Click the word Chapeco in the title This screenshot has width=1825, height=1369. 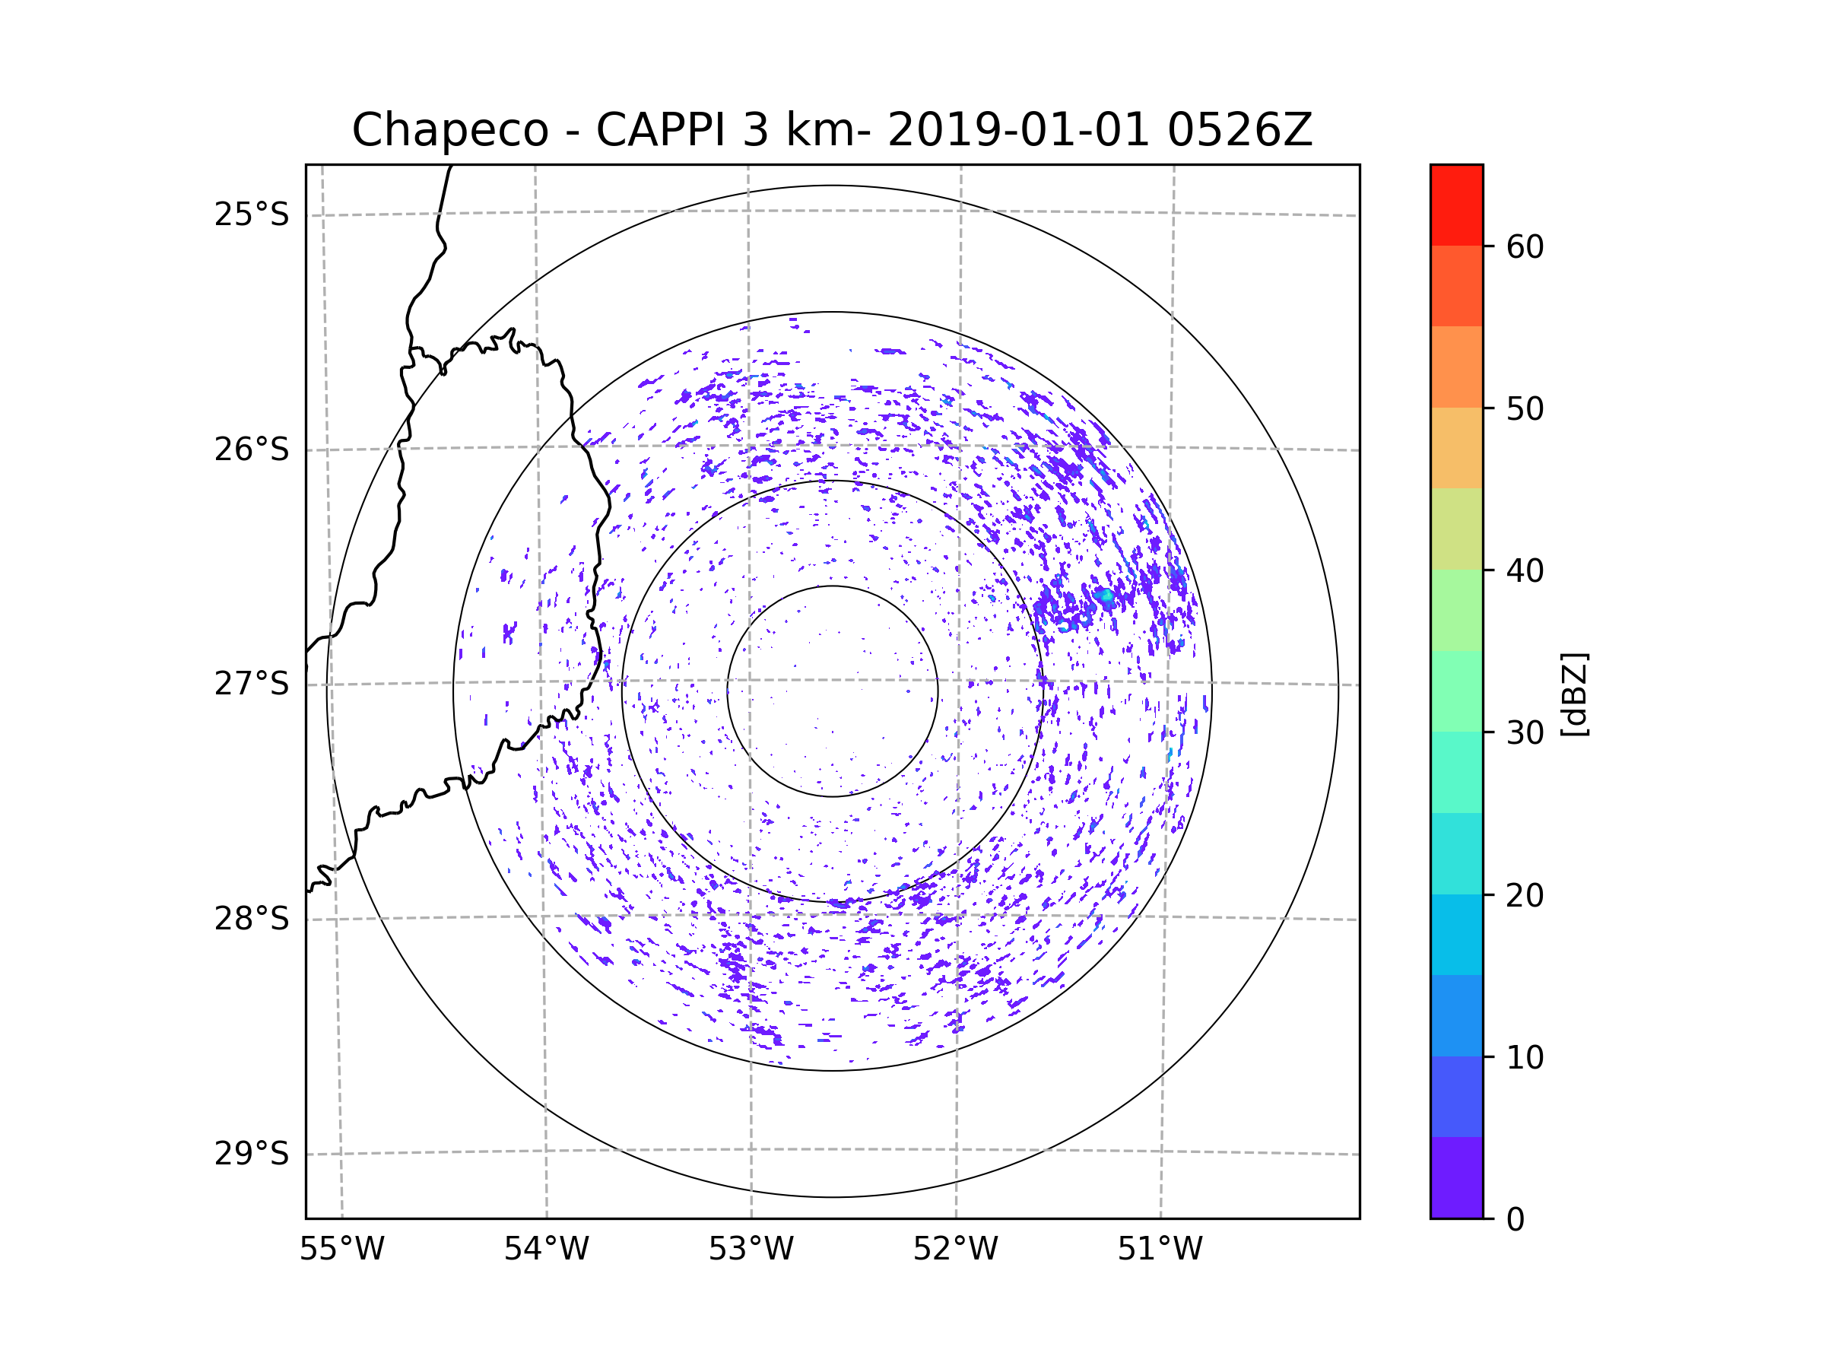[x=450, y=130]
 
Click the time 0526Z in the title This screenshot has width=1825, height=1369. [x=1240, y=129]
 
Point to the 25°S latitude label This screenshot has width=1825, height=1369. [x=252, y=214]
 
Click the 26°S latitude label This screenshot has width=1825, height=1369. [x=252, y=449]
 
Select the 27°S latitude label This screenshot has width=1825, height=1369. [x=252, y=684]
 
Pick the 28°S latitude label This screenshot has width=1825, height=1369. [x=252, y=919]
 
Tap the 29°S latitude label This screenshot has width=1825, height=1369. [x=252, y=1154]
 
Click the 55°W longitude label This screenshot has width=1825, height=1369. [x=341, y=1250]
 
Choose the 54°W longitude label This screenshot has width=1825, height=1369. [x=546, y=1250]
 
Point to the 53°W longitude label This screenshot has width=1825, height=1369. [x=751, y=1250]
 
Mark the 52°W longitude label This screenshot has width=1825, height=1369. [x=955, y=1250]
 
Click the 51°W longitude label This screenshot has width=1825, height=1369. [x=1160, y=1250]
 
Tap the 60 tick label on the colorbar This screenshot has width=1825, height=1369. [x=1525, y=246]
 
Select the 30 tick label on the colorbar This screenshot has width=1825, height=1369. [x=1525, y=732]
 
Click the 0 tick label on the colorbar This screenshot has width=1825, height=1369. [x=1516, y=1220]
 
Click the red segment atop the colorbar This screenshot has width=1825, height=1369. [x=1456, y=205]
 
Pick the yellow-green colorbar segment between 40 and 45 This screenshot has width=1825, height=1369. [x=1456, y=529]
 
